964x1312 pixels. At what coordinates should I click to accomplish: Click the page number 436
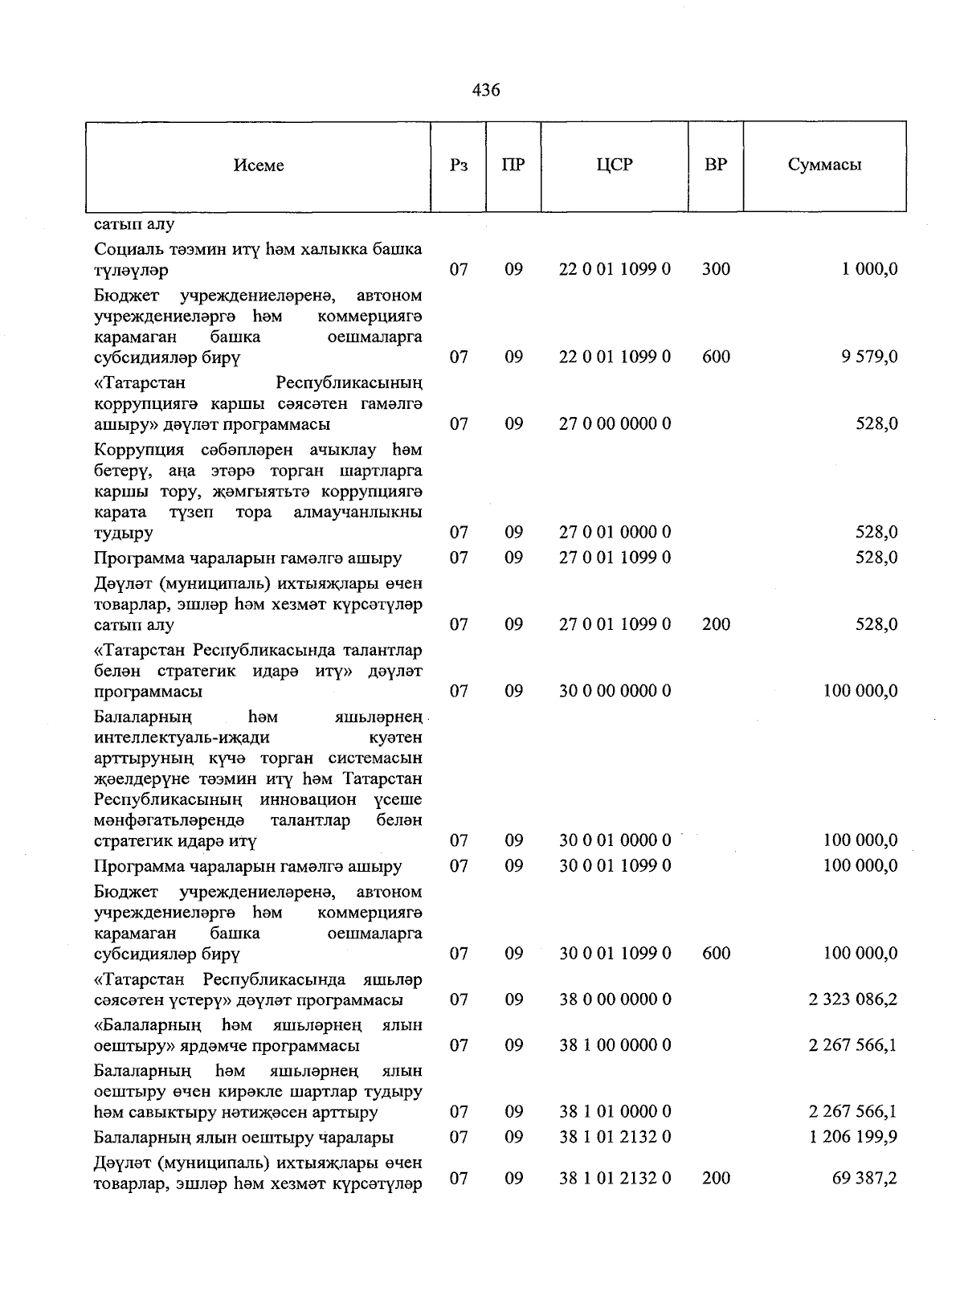coord(486,91)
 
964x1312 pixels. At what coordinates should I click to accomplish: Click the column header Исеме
coord(259,166)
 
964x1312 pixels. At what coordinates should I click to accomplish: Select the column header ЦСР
coord(615,166)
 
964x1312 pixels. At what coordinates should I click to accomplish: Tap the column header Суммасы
coord(824,166)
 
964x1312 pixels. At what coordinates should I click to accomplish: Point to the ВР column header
coord(716,166)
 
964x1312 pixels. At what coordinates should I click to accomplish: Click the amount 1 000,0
coord(869,270)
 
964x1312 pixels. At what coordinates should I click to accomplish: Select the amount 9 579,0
coord(869,357)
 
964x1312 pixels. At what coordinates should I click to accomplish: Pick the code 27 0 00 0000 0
coord(615,424)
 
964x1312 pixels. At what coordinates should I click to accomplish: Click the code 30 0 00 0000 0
coord(615,691)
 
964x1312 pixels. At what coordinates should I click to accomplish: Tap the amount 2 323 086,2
coord(853,1000)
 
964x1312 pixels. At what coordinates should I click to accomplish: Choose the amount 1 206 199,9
coord(853,1138)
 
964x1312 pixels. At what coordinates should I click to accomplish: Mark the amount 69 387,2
coord(864,1179)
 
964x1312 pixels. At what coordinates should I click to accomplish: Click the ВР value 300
coord(716,270)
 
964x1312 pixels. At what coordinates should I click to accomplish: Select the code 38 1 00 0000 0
coord(615,1046)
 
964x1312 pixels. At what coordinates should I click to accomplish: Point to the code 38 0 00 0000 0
coord(615,1000)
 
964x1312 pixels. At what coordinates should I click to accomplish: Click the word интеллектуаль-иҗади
coord(182,738)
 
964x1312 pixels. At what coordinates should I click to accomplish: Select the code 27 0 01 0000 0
coord(615,533)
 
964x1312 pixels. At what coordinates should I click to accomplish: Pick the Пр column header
coord(513,166)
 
